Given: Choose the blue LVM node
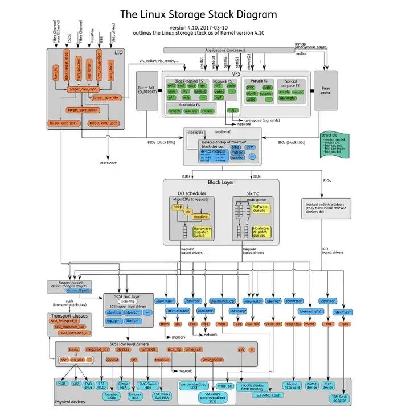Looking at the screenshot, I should click(x=250, y=146).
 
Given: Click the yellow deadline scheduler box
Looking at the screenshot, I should click(x=199, y=217).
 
